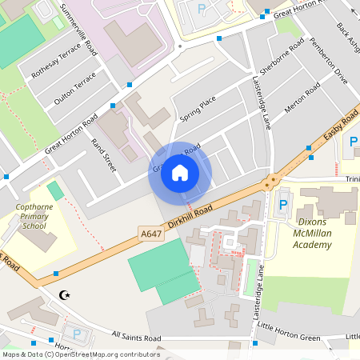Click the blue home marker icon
pos(180,173)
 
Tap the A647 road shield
pos(150,234)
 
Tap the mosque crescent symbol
pos(66,295)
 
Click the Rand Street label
pos(104,155)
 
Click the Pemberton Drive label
pos(329,65)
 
